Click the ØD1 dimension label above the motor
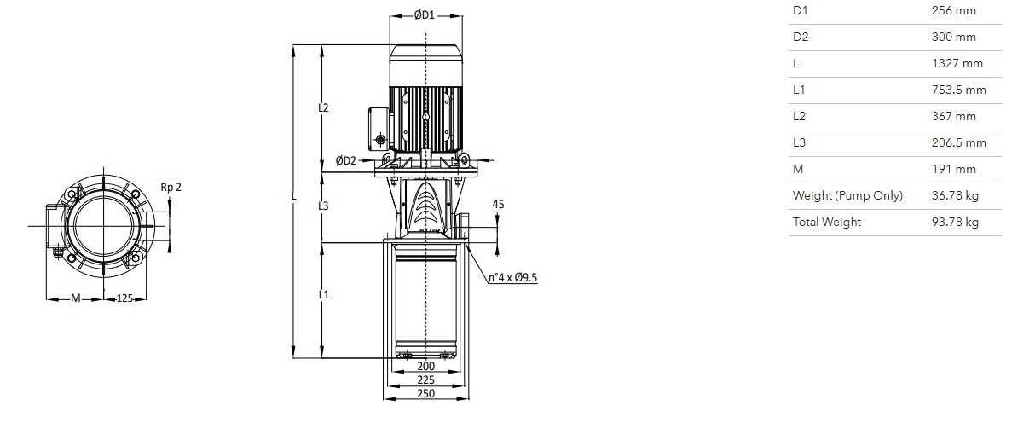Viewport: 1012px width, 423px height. click(424, 15)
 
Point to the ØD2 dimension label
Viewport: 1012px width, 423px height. click(346, 160)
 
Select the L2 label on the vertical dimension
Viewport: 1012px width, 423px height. click(323, 107)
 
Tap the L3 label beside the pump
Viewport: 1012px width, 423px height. click(323, 206)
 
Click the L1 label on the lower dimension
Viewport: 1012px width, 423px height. click(323, 294)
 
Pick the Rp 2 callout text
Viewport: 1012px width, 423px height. click(171, 188)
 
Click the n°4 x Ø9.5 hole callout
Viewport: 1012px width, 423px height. click(512, 278)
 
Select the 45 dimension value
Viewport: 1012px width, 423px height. click(498, 204)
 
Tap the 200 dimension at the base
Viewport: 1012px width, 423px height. click(426, 366)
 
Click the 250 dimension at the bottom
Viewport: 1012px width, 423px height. click(426, 392)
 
